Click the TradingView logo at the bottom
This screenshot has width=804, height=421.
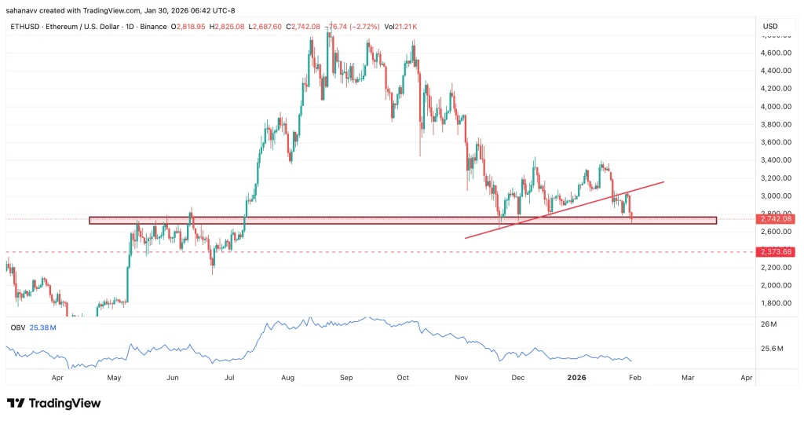tap(54, 403)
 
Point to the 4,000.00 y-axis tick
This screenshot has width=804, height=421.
tap(769, 107)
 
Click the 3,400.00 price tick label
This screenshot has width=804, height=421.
tap(769, 160)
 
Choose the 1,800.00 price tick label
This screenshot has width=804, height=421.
tap(769, 303)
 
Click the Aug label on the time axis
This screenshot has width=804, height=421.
tap(287, 378)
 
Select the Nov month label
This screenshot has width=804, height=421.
tap(461, 378)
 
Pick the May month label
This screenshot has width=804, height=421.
tap(114, 378)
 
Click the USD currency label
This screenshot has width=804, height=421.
tap(770, 27)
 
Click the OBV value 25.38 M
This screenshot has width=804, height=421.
tap(45, 327)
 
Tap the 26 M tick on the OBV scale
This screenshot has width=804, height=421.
tap(768, 324)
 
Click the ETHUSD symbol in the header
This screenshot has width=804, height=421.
tap(24, 27)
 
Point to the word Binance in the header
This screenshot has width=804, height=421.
tap(152, 27)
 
